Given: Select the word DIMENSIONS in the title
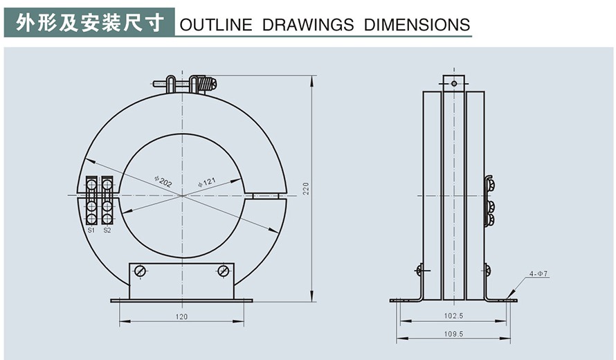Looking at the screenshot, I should [x=417, y=25].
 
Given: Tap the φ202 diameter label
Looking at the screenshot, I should [x=163, y=181].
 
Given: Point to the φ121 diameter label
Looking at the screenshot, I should [x=207, y=182].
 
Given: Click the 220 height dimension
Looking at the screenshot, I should [x=305, y=188].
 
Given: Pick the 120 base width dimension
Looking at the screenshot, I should [x=181, y=316].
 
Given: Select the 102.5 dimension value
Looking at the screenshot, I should [x=454, y=316].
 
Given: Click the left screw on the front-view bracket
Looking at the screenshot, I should [x=140, y=271].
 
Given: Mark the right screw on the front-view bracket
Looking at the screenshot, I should [x=223, y=271].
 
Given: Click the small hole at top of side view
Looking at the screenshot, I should [x=454, y=83].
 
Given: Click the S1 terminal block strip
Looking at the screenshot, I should [x=91, y=201].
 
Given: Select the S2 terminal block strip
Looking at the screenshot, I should [x=107, y=201].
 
